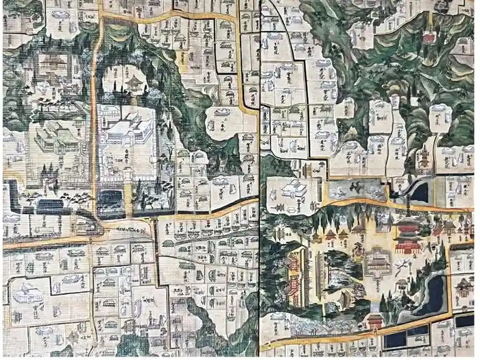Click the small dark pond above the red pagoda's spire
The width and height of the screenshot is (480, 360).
pyautogui.click(x=419, y=193)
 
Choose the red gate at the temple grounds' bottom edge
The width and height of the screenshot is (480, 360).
pyautogui.click(x=374, y=321)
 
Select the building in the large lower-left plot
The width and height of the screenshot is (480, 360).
pyautogui.click(x=26, y=295)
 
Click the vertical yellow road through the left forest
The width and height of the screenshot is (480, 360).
pyautogui.click(x=93, y=123)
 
